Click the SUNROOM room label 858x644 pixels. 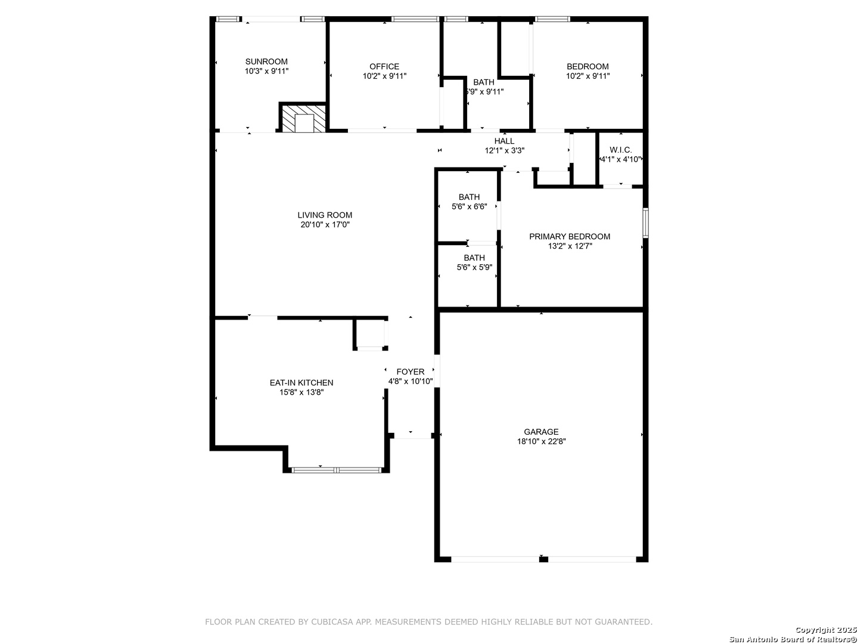[266, 61]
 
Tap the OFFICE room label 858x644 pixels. [384, 66]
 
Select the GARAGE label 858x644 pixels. [541, 432]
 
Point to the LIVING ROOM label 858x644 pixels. [325, 215]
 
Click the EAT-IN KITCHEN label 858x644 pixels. [301, 383]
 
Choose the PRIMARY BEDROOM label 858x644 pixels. [570, 237]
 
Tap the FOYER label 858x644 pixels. [411, 372]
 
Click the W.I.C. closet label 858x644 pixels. [621, 150]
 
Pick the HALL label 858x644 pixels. [504, 141]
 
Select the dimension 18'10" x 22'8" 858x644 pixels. [542, 441]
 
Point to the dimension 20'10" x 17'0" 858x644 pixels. [325, 225]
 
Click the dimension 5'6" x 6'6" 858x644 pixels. [469, 206]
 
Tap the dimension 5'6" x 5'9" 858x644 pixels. [474, 268]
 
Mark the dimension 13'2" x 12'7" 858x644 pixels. [570, 246]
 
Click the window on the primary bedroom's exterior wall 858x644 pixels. [646, 223]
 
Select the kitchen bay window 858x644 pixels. [337, 470]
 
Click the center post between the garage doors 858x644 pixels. [543, 559]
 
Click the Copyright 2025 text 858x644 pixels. [825, 630]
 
